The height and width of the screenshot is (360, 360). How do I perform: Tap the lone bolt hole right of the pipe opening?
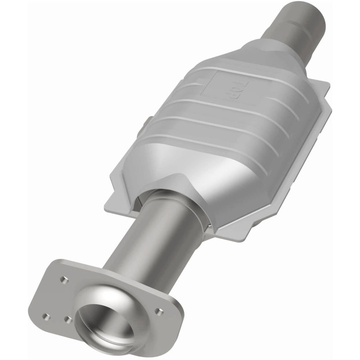(x=157, y=310)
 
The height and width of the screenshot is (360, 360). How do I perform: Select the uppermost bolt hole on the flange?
(x=63, y=279)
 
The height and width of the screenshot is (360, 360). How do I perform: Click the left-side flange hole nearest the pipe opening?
(x=68, y=319)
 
